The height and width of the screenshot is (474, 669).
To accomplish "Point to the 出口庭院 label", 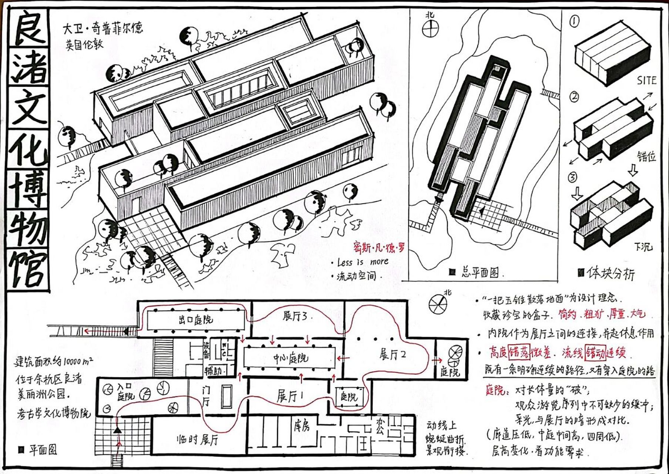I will (x=195, y=319).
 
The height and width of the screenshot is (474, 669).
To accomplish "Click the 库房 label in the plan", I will (x=302, y=426).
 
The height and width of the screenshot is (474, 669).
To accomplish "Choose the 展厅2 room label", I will (x=393, y=354).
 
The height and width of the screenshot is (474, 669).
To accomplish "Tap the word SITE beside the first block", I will (x=646, y=80).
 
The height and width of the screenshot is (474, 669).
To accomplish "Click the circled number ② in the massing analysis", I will (x=574, y=97).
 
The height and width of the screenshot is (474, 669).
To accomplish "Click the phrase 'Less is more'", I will (x=362, y=262).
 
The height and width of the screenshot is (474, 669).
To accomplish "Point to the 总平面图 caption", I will (x=480, y=273).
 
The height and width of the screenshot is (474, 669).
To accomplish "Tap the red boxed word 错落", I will (x=519, y=352).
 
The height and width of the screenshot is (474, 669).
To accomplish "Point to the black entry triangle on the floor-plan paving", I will (x=118, y=430).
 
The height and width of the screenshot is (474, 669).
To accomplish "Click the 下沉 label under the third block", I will (x=643, y=247).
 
